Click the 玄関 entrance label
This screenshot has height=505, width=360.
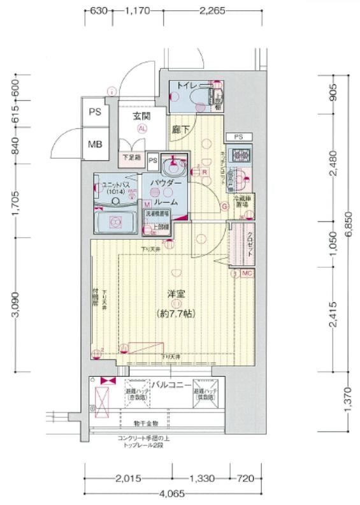click(x=141, y=116)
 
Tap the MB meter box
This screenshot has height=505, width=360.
click(x=95, y=143)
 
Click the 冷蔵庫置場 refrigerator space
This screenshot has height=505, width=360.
click(x=243, y=203)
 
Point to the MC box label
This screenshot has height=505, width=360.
click(x=247, y=273)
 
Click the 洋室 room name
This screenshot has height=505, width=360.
click(x=176, y=293)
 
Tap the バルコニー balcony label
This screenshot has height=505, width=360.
click(x=171, y=384)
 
